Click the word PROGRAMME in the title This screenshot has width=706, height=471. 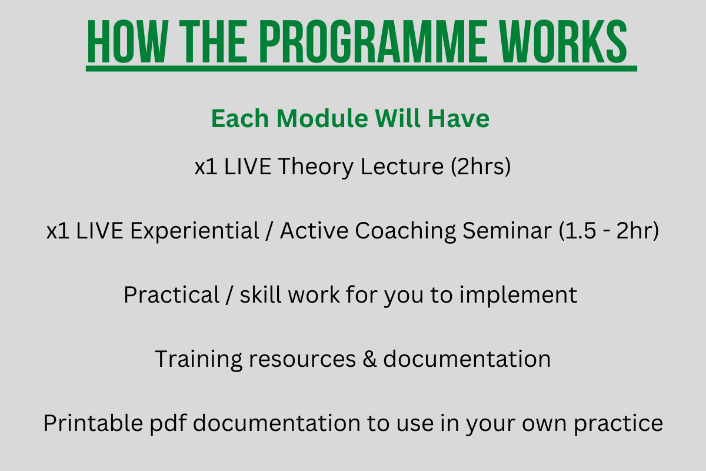click(x=373, y=41)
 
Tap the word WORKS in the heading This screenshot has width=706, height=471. click(x=564, y=41)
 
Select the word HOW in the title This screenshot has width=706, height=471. click(x=128, y=41)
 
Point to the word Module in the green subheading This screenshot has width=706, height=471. click(x=322, y=118)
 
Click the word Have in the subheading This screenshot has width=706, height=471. click(x=458, y=118)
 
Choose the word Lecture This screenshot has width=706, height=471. click(x=402, y=167)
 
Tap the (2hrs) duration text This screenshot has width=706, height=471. click(x=481, y=167)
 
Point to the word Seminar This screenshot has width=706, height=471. click(x=507, y=231)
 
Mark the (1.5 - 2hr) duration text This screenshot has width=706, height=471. click(x=609, y=231)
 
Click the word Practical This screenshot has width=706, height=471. click(x=171, y=294)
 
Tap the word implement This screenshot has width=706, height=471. click(x=518, y=296)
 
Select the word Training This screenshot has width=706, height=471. click(x=198, y=359)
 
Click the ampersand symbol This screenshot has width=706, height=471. click(x=369, y=359)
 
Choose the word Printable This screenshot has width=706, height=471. click(x=94, y=423)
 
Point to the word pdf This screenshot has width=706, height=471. click(x=168, y=424)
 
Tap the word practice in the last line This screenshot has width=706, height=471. click(x=618, y=424)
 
